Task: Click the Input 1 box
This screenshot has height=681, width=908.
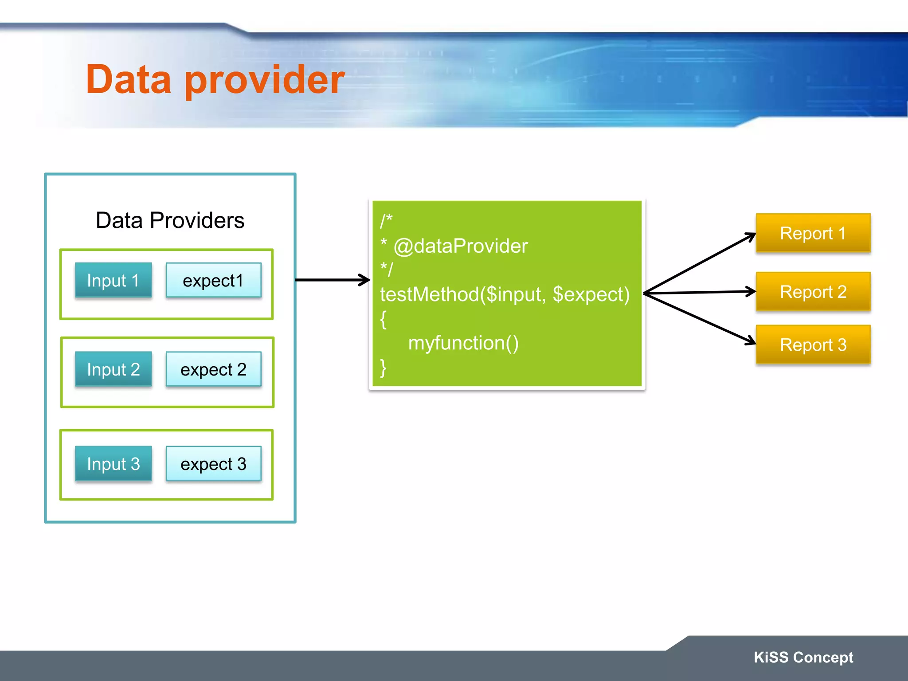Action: click(x=113, y=280)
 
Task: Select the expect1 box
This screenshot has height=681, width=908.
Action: click(x=213, y=280)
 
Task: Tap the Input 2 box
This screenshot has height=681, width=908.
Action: click(x=113, y=369)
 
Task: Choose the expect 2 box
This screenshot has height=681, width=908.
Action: click(x=213, y=369)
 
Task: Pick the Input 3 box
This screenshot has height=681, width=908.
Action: click(x=113, y=464)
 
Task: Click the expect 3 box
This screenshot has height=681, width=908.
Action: click(x=213, y=464)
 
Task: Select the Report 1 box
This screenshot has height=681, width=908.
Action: click(x=813, y=233)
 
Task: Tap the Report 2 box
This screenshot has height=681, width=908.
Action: click(x=813, y=292)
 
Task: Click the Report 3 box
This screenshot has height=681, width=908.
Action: click(x=813, y=344)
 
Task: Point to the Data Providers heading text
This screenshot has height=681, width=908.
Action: click(x=170, y=220)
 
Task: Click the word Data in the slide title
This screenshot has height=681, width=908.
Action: click(x=129, y=80)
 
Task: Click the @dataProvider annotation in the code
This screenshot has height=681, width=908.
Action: click(x=461, y=246)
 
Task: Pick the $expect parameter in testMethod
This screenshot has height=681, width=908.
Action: click(x=591, y=294)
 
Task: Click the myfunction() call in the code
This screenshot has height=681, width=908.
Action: click(x=463, y=343)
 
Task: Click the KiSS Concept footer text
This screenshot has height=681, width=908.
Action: click(x=803, y=657)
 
